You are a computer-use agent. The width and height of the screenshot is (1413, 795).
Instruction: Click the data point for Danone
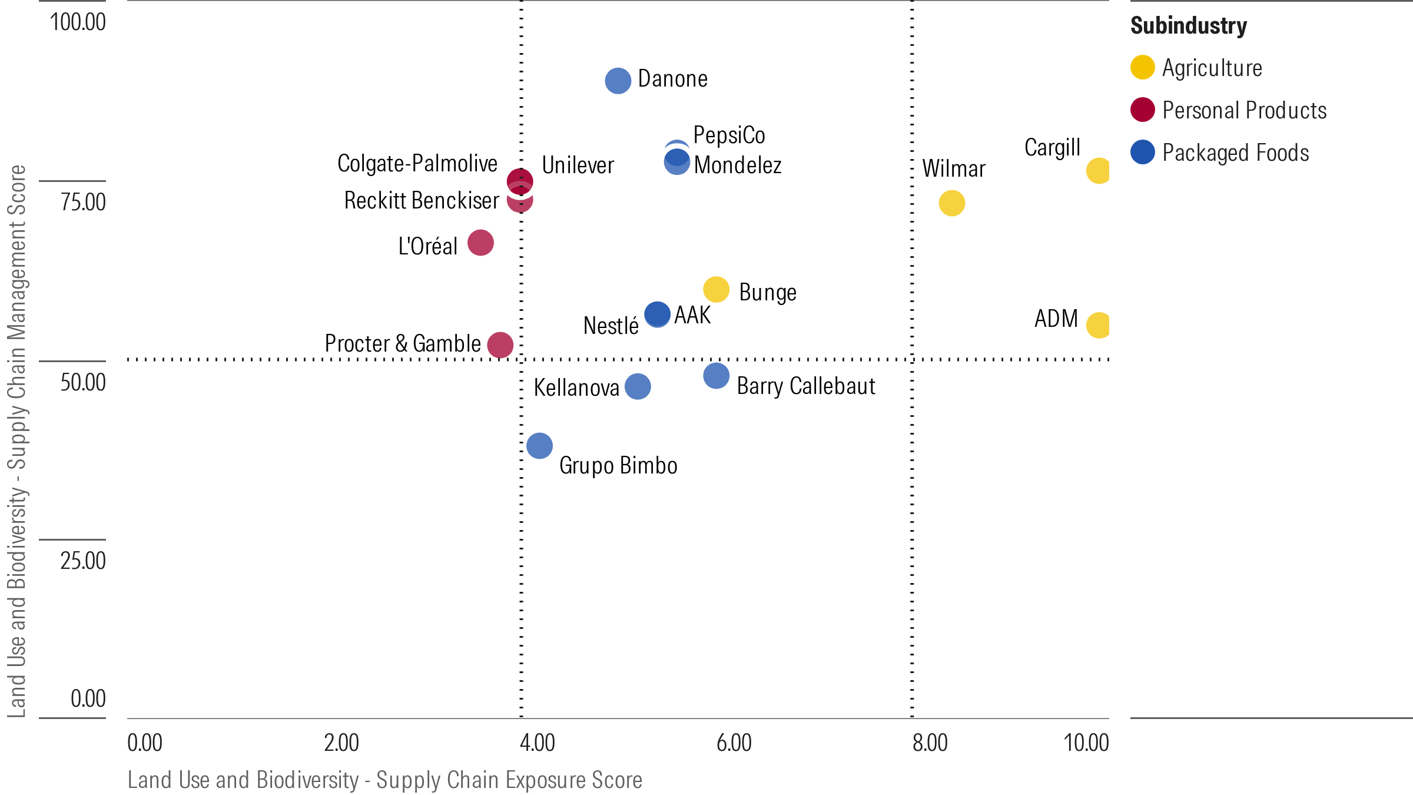click(x=618, y=81)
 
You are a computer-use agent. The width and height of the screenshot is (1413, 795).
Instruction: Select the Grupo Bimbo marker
click(x=539, y=446)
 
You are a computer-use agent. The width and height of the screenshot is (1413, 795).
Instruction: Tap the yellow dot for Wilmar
click(x=951, y=203)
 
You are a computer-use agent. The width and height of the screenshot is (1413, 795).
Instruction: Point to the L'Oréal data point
click(x=480, y=243)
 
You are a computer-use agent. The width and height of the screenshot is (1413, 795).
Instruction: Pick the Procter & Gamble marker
click(x=500, y=344)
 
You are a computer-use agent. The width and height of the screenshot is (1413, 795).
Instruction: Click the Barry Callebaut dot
click(x=716, y=376)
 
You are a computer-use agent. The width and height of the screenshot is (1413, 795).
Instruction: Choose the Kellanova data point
click(x=638, y=387)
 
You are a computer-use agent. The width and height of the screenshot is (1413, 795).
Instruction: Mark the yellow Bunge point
click(x=716, y=289)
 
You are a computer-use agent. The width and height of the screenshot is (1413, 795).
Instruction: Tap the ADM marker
click(x=1098, y=325)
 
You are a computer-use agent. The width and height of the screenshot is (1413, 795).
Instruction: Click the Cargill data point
click(x=1098, y=171)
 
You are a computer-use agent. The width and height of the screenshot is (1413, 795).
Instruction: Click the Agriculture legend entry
click(x=1212, y=68)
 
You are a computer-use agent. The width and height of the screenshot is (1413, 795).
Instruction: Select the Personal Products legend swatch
click(x=1143, y=110)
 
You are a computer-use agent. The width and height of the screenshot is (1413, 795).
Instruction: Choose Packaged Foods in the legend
click(x=1235, y=153)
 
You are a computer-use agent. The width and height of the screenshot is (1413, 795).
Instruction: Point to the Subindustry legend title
click(x=1188, y=26)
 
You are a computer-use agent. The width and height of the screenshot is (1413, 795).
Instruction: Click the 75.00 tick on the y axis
click(x=83, y=202)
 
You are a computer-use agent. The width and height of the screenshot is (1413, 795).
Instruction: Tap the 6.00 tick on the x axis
click(x=734, y=743)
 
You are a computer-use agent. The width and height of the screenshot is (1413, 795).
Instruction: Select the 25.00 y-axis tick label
click(x=83, y=561)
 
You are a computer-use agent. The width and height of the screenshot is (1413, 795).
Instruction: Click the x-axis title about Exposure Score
click(x=384, y=780)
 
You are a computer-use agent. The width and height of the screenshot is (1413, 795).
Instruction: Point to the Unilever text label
click(x=578, y=165)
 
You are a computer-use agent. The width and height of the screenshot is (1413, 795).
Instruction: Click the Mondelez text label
click(x=737, y=165)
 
